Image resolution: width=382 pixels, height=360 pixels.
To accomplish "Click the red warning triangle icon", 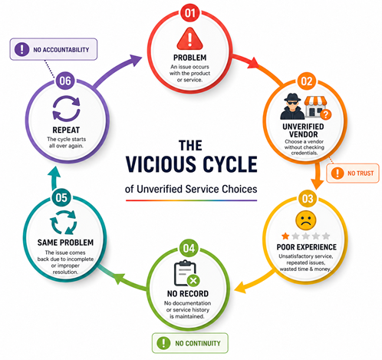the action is [x=189, y=39].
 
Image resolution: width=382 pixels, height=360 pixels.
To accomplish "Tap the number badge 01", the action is [x=189, y=13].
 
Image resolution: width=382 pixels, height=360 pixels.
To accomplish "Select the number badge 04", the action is [x=189, y=248].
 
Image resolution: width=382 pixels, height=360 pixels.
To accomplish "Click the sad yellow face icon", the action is [x=305, y=220].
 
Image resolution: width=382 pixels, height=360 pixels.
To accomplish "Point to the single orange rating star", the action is [x=285, y=236].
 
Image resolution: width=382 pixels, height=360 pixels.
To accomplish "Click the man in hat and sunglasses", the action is [x=292, y=107].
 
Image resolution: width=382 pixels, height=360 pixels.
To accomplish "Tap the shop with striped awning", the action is [x=317, y=107].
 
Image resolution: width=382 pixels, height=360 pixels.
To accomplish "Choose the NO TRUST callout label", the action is [x=353, y=173].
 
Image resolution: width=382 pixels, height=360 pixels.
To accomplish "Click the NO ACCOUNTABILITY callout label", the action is [x=54, y=49].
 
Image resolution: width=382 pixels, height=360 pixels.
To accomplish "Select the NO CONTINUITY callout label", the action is [x=190, y=343].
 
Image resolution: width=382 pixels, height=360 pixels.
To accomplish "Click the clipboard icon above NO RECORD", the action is [x=187, y=273].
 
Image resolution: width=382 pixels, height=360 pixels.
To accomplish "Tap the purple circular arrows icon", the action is [x=66, y=108].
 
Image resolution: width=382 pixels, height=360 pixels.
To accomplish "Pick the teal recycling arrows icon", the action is [x=63, y=222].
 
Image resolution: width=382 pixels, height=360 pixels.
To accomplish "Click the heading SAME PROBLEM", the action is [x=65, y=243].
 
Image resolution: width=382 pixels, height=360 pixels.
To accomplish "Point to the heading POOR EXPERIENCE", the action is [x=307, y=247].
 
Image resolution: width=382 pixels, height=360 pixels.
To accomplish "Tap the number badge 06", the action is [x=65, y=81].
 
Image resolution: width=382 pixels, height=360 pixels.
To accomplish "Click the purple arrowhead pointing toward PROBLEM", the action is [x=135, y=61].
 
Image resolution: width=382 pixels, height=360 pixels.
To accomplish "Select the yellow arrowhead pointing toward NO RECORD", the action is [x=240, y=287].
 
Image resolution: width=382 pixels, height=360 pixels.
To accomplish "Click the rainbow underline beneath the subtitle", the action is [x=191, y=200].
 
